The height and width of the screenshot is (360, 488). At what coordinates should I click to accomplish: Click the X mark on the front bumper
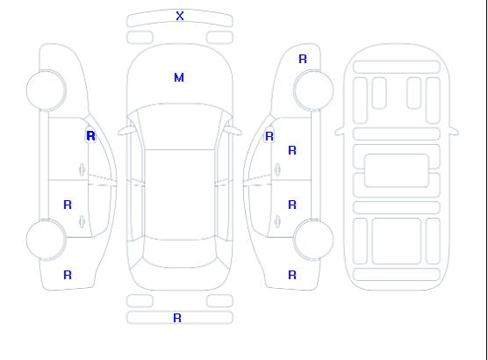[180, 16]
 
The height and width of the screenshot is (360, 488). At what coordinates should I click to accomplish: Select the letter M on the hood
[179, 77]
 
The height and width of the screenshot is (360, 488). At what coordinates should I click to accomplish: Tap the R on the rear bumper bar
[177, 318]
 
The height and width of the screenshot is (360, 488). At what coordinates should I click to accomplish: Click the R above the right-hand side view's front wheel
[303, 59]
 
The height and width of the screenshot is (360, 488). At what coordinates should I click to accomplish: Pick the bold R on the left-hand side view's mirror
[91, 136]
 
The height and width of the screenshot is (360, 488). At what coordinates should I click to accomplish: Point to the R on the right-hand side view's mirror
[269, 136]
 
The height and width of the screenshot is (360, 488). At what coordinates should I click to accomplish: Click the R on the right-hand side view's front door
[292, 150]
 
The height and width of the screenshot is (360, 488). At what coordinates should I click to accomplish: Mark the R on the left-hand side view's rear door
[68, 205]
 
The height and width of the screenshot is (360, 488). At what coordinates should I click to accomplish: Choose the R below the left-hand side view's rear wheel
[68, 275]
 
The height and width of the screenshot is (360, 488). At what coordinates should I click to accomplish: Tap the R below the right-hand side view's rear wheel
[292, 275]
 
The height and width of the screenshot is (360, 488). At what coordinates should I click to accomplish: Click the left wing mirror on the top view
[126, 131]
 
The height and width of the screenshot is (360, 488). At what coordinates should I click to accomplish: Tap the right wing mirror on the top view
[233, 131]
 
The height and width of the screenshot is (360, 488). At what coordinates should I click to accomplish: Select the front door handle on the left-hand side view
[82, 169]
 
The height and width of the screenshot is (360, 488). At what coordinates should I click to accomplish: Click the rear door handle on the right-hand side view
[277, 221]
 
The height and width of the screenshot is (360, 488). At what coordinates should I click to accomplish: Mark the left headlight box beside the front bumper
[140, 38]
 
